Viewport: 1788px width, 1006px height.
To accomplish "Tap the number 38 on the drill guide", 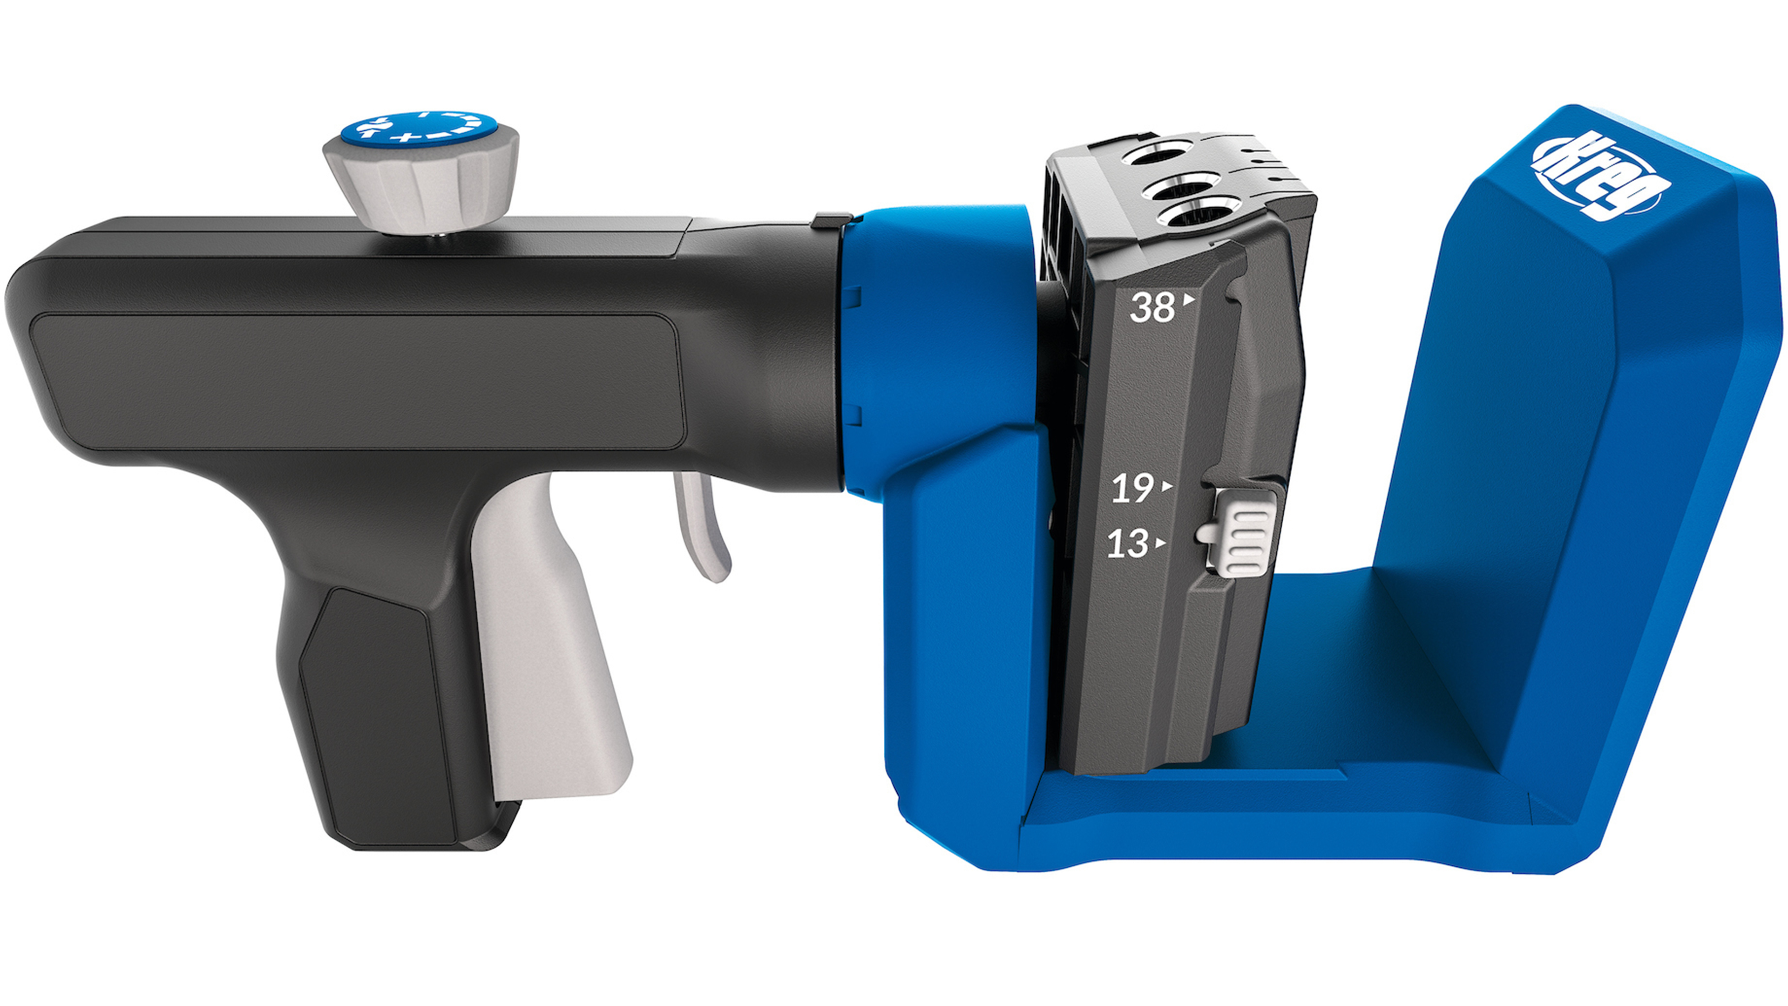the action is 1152,307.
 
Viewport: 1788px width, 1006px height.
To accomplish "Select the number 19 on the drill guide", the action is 1133,489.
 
